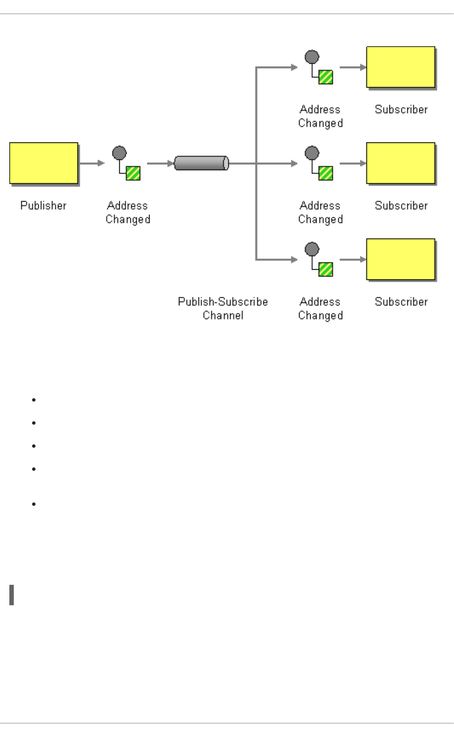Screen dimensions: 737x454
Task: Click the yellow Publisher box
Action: point(44,163)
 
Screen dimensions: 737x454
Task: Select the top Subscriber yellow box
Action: point(401,67)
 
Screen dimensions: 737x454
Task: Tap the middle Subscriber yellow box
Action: point(401,163)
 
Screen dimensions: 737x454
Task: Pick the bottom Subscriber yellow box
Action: point(401,259)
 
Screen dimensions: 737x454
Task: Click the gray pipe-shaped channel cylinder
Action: point(201,163)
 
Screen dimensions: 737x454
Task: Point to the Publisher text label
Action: point(43,206)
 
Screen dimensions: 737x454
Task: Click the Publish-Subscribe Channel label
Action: point(223,308)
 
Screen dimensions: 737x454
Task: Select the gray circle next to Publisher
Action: point(119,153)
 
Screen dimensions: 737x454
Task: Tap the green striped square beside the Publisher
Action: point(133,173)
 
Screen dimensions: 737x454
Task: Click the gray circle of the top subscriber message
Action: point(312,57)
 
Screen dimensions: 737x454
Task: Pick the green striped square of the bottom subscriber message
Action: point(326,269)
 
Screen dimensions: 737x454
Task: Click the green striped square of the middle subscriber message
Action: point(326,173)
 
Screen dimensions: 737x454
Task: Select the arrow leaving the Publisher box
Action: point(92,163)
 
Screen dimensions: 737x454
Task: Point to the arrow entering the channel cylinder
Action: point(160,163)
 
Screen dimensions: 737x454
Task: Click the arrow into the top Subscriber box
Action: point(353,67)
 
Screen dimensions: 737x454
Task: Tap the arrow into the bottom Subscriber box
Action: point(353,259)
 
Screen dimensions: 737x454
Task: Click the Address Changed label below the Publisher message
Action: point(128,212)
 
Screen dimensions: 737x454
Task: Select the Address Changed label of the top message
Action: point(320,116)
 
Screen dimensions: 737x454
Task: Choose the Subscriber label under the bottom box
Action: point(401,302)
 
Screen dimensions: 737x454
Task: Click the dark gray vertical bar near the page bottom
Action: point(12,595)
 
